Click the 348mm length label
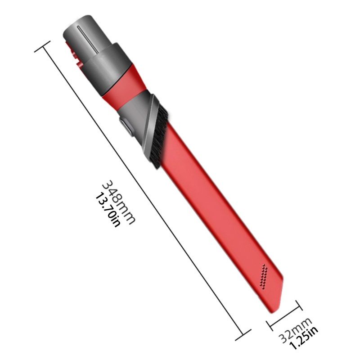point(118,202)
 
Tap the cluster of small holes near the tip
point(264,276)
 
